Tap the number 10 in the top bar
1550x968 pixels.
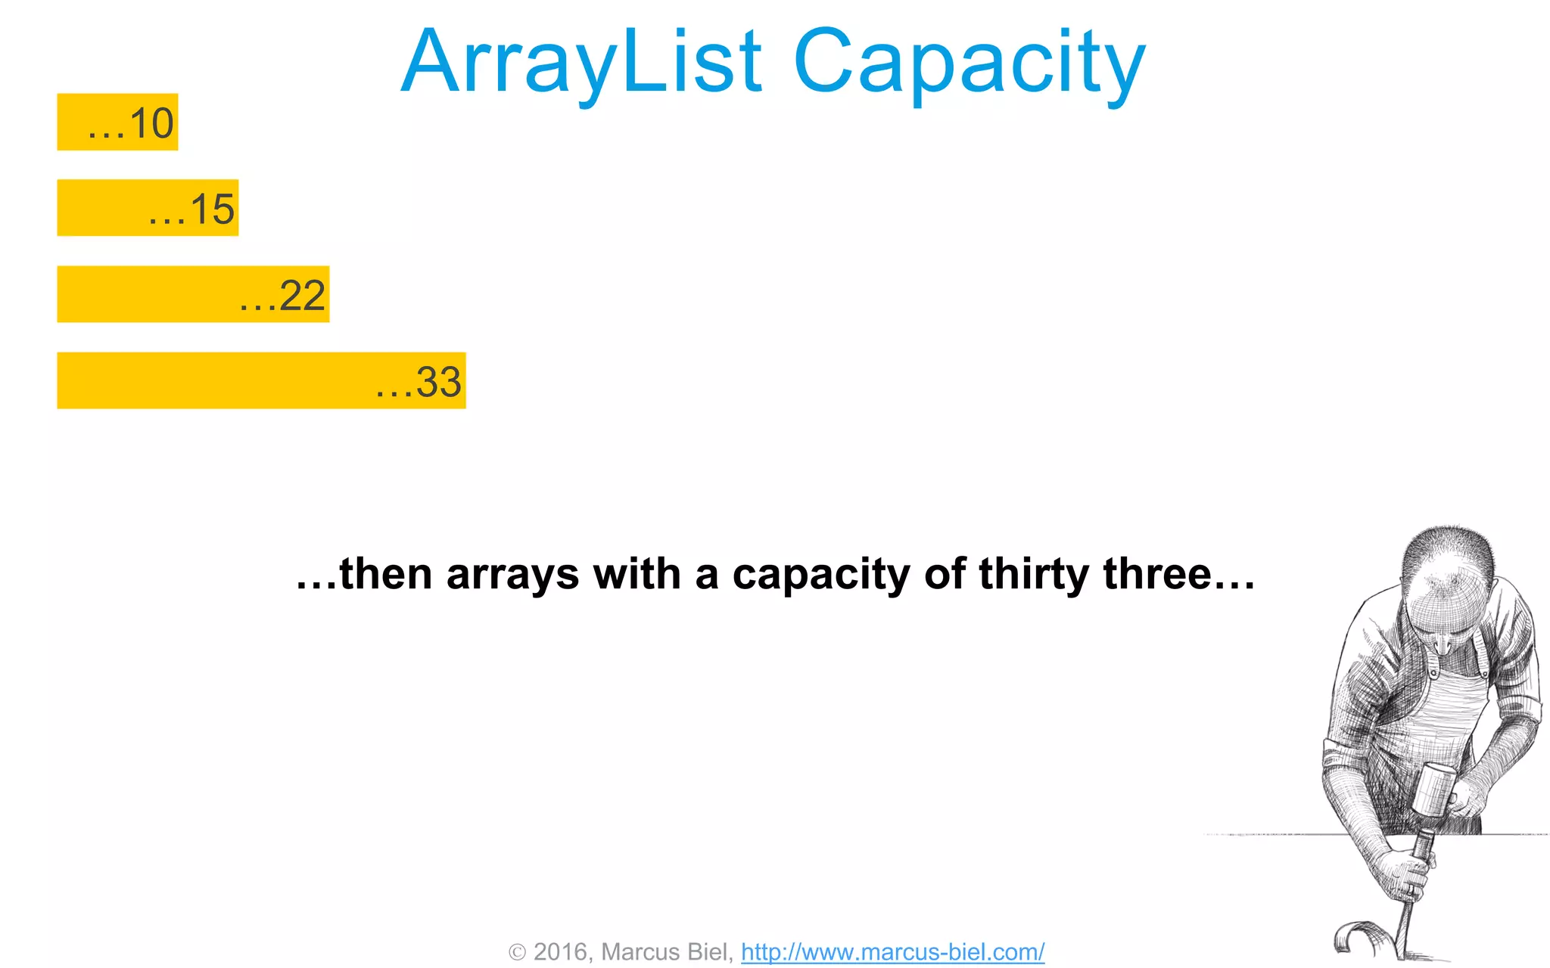pos(152,123)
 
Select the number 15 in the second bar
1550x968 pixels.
pos(213,209)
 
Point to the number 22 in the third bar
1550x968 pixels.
pos(303,296)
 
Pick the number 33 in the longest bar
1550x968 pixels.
pos(439,382)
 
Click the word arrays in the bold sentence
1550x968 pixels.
pos(512,575)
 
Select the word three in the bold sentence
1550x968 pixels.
pos(1158,575)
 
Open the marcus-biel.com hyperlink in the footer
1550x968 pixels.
pos(892,952)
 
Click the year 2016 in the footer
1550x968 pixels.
pos(561,952)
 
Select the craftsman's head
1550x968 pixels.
pos(1446,582)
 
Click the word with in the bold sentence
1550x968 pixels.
pos(637,575)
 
